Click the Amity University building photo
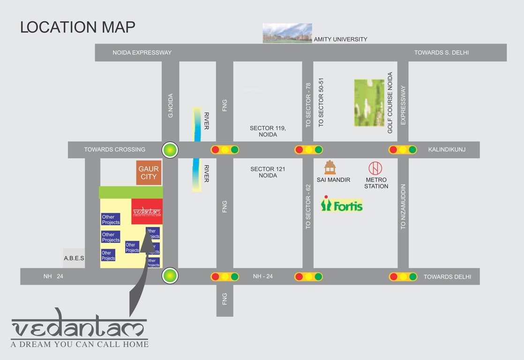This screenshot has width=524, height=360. pyautogui.click(x=287, y=33)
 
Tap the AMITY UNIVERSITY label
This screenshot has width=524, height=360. pyautogui.click(x=340, y=39)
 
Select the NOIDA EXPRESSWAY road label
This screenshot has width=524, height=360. pyautogui.click(x=142, y=52)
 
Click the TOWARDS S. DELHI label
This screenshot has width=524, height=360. pyautogui.click(x=441, y=52)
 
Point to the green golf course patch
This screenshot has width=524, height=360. pyautogui.click(x=369, y=103)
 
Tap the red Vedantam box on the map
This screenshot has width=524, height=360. pyautogui.click(x=147, y=211)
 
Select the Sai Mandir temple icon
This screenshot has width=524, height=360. pyautogui.click(x=330, y=167)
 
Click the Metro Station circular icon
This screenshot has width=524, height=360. pyautogui.click(x=375, y=168)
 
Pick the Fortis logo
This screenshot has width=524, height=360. pyautogui.click(x=342, y=204)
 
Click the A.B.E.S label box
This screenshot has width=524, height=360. pyautogui.click(x=74, y=258)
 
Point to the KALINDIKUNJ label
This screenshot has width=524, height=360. pyautogui.click(x=447, y=150)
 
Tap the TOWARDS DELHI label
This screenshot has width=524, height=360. pyautogui.click(x=447, y=277)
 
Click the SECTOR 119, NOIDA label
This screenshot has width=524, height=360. pyautogui.click(x=268, y=131)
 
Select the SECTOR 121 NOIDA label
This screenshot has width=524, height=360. pyautogui.click(x=268, y=172)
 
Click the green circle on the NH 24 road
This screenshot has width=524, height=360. pyautogui.click(x=170, y=276)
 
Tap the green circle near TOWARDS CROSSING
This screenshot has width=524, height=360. pyautogui.click(x=170, y=150)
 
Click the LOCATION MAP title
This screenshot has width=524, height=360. pyautogui.click(x=78, y=27)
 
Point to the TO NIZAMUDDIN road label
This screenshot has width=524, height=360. pyautogui.click(x=403, y=206)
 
